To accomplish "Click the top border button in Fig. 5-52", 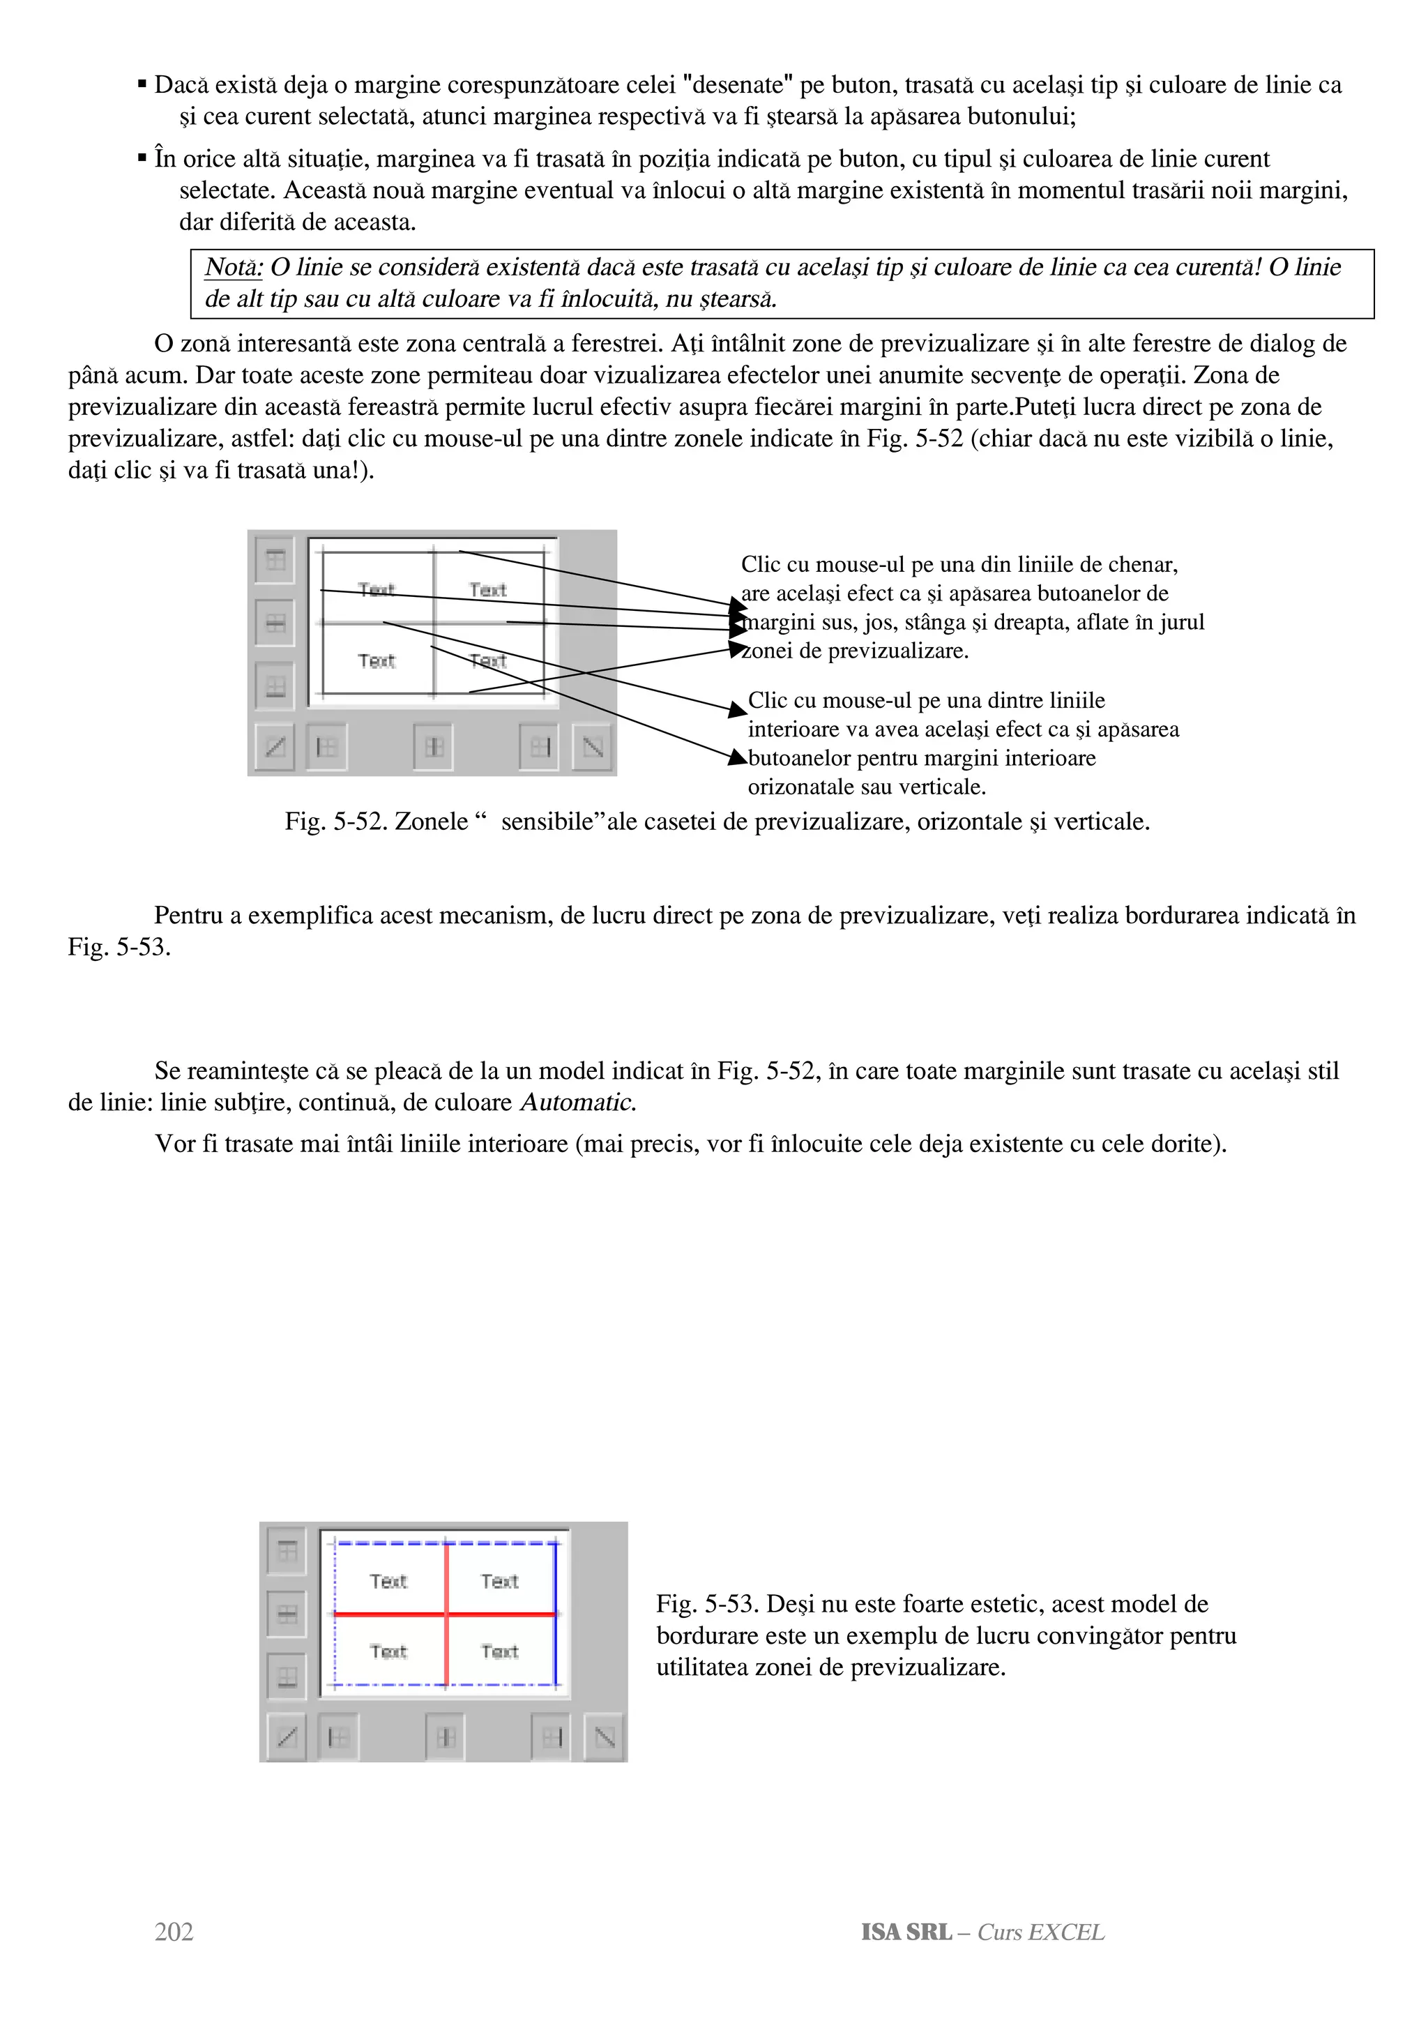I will [275, 560].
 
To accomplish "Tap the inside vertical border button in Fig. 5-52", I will [433, 748].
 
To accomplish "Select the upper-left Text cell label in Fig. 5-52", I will [377, 590].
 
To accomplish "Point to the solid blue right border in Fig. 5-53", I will [555, 1614].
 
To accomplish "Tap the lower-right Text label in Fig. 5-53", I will [500, 1651].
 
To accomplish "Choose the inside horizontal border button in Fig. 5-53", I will [287, 1614].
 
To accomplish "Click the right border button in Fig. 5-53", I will [552, 1736].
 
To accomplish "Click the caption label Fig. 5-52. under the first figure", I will [336, 822].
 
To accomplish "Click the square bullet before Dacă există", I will [142, 84].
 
